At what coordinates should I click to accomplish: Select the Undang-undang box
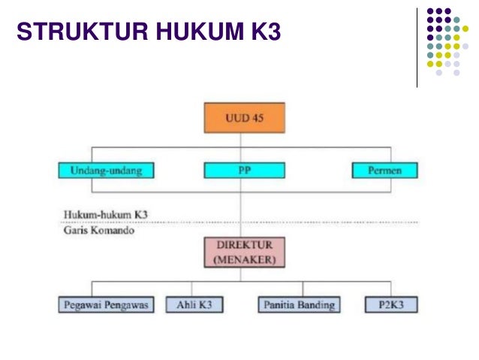tap(101, 171)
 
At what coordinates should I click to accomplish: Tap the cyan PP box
tap(239, 171)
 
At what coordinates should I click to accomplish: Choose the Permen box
tap(384, 171)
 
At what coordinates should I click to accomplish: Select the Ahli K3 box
tap(193, 305)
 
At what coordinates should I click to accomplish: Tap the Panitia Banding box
tap(299, 305)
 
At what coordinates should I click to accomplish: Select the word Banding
tap(315, 305)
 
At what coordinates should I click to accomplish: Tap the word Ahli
tap(185, 305)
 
